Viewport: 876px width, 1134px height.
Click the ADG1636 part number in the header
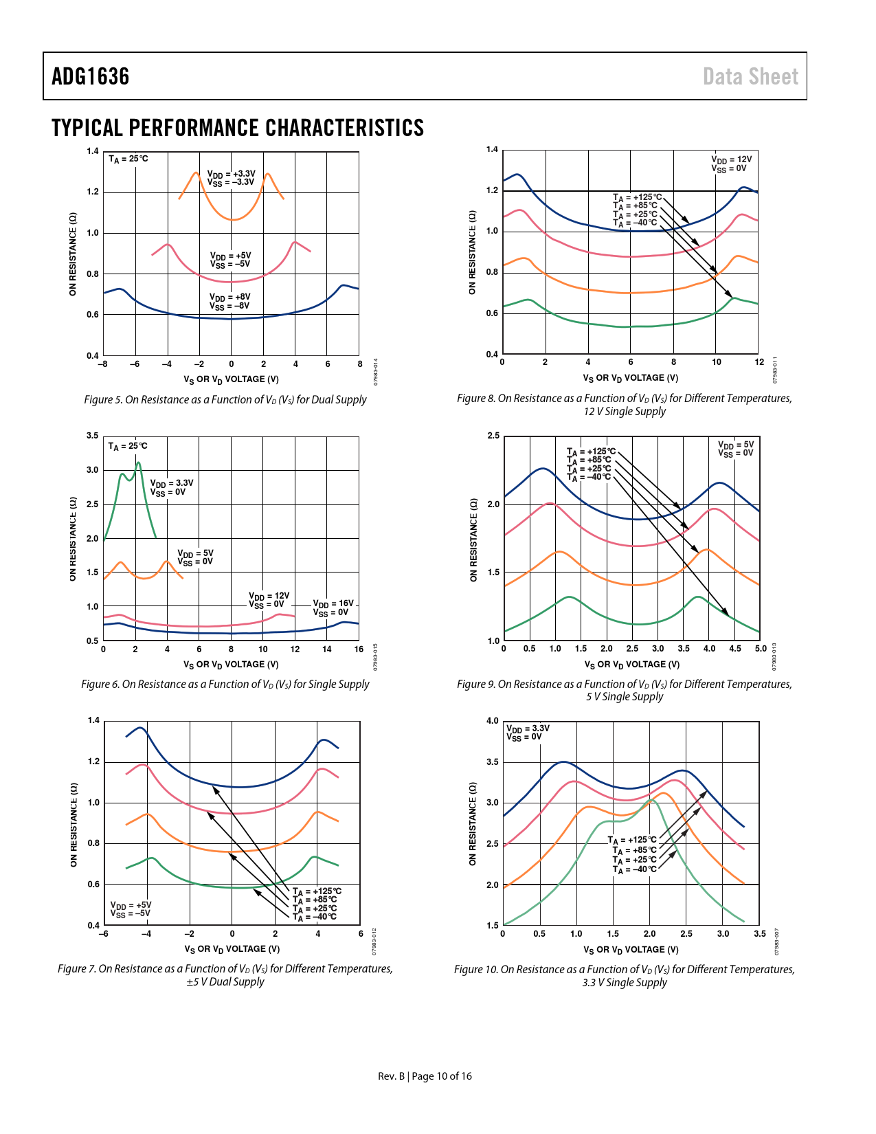91,76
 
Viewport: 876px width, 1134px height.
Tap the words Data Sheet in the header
750,76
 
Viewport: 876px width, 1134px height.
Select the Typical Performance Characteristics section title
238,128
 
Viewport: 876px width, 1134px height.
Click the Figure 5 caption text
225,399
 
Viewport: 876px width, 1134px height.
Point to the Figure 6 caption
225,684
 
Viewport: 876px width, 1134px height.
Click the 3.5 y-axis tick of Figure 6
93,436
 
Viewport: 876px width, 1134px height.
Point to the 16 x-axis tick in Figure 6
359,649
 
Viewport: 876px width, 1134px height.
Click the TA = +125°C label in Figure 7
317,891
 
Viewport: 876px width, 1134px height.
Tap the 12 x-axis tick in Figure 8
759,362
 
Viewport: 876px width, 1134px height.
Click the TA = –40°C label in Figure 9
589,477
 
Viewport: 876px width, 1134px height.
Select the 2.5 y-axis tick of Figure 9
493,436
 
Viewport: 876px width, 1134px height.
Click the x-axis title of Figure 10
631,950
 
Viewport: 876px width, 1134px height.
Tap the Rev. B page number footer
425,1076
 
